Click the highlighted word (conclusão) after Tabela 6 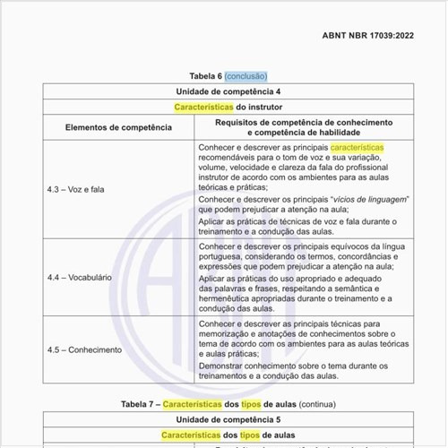point(246,76)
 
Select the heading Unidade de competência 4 point(224,91)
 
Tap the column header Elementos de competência point(118,127)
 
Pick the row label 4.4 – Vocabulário point(80,278)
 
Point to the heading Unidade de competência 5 point(224,418)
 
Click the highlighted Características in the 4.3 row point(357,146)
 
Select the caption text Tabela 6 point(204,76)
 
